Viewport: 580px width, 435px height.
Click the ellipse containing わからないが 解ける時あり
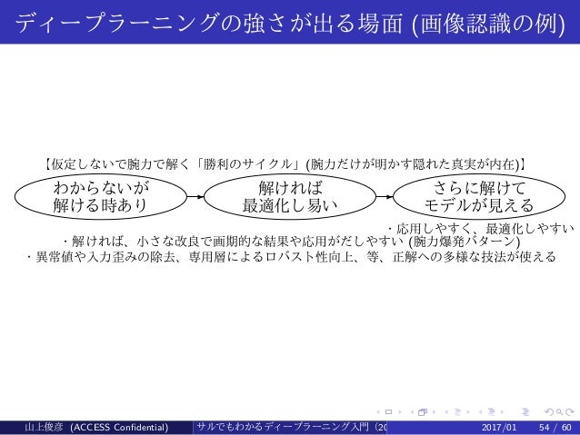coord(101,196)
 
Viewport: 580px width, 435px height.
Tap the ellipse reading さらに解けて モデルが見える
coord(479,196)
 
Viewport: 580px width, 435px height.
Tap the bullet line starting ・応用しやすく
coord(481,229)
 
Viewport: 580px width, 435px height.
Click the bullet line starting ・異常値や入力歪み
coord(290,257)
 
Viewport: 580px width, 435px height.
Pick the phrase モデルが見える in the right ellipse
coord(479,206)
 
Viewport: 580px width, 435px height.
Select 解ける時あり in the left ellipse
coord(101,206)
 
